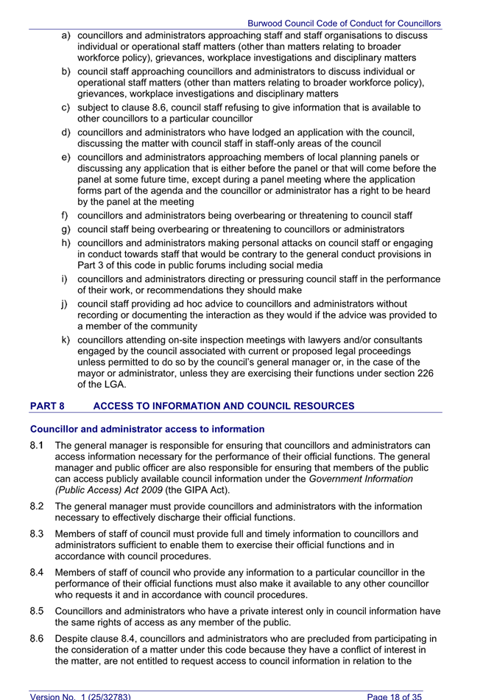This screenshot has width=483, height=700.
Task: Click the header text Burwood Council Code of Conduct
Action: (344, 24)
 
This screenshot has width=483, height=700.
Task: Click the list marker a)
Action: (66, 35)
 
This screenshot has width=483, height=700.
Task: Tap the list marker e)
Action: (66, 158)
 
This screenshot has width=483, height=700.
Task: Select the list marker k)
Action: (66, 340)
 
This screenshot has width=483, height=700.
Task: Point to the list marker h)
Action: (66, 243)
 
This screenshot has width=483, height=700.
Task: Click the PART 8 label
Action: (52, 406)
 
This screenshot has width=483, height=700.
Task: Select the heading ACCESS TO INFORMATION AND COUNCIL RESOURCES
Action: (224, 406)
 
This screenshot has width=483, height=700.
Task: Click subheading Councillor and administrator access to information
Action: (147, 429)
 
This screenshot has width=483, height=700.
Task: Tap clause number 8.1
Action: (38, 446)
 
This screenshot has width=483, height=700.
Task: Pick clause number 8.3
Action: (38, 534)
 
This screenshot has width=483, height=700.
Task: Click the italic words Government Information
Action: (361, 479)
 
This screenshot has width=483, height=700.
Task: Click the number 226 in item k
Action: (425, 374)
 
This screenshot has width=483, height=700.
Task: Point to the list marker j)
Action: (66, 304)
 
